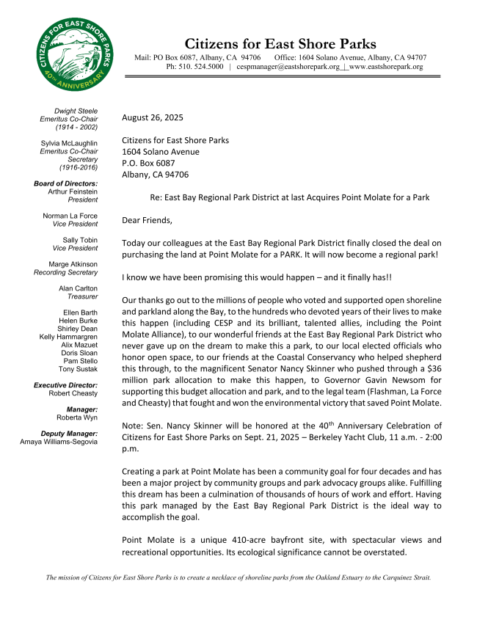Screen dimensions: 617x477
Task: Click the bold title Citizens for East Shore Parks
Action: [280, 43]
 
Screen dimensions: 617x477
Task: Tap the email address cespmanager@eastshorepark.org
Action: [288, 67]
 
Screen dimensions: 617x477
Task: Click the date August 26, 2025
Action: [153, 117]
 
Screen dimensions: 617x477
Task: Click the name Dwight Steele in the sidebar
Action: [76, 111]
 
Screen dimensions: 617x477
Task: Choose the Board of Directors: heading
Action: [66, 183]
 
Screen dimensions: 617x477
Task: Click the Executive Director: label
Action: [66, 384]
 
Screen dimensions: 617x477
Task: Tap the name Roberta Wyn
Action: [78, 417]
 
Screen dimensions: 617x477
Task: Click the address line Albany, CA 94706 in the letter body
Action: [155, 175]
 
